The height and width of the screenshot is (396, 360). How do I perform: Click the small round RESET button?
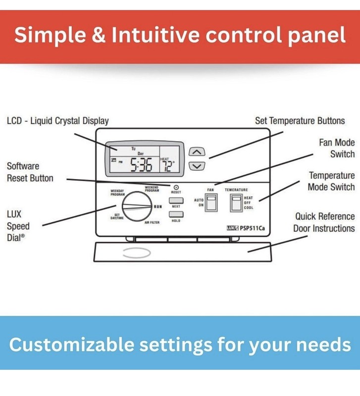pos(176,188)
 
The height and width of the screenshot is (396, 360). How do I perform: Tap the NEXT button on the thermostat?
pos(176,200)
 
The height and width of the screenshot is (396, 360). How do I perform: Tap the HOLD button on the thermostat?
pos(176,214)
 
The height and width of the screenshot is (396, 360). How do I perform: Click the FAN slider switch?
pos(211,202)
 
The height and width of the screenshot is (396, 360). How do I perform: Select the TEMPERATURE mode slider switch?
pos(236,202)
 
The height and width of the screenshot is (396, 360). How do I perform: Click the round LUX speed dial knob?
pos(137,206)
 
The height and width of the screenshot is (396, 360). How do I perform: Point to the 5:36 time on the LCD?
pos(141,165)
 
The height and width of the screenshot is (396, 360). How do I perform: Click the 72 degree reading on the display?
pos(167,166)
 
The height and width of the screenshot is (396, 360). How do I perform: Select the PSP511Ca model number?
pos(252,228)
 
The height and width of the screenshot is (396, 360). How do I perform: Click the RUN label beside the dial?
pos(158,206)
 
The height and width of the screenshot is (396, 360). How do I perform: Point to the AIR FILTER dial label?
pos(152,222)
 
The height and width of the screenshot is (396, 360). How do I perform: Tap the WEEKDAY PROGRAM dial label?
pos(117,193)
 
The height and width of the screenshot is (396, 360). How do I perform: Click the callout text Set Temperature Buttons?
pos(300,121)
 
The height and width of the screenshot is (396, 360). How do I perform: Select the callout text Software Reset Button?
pos(30,172)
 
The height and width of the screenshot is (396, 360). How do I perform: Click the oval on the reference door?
pos(137,253)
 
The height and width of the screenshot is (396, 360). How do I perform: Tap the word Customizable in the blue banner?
pos(71,345)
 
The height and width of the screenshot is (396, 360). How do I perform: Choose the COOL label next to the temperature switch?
pos(249,207)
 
